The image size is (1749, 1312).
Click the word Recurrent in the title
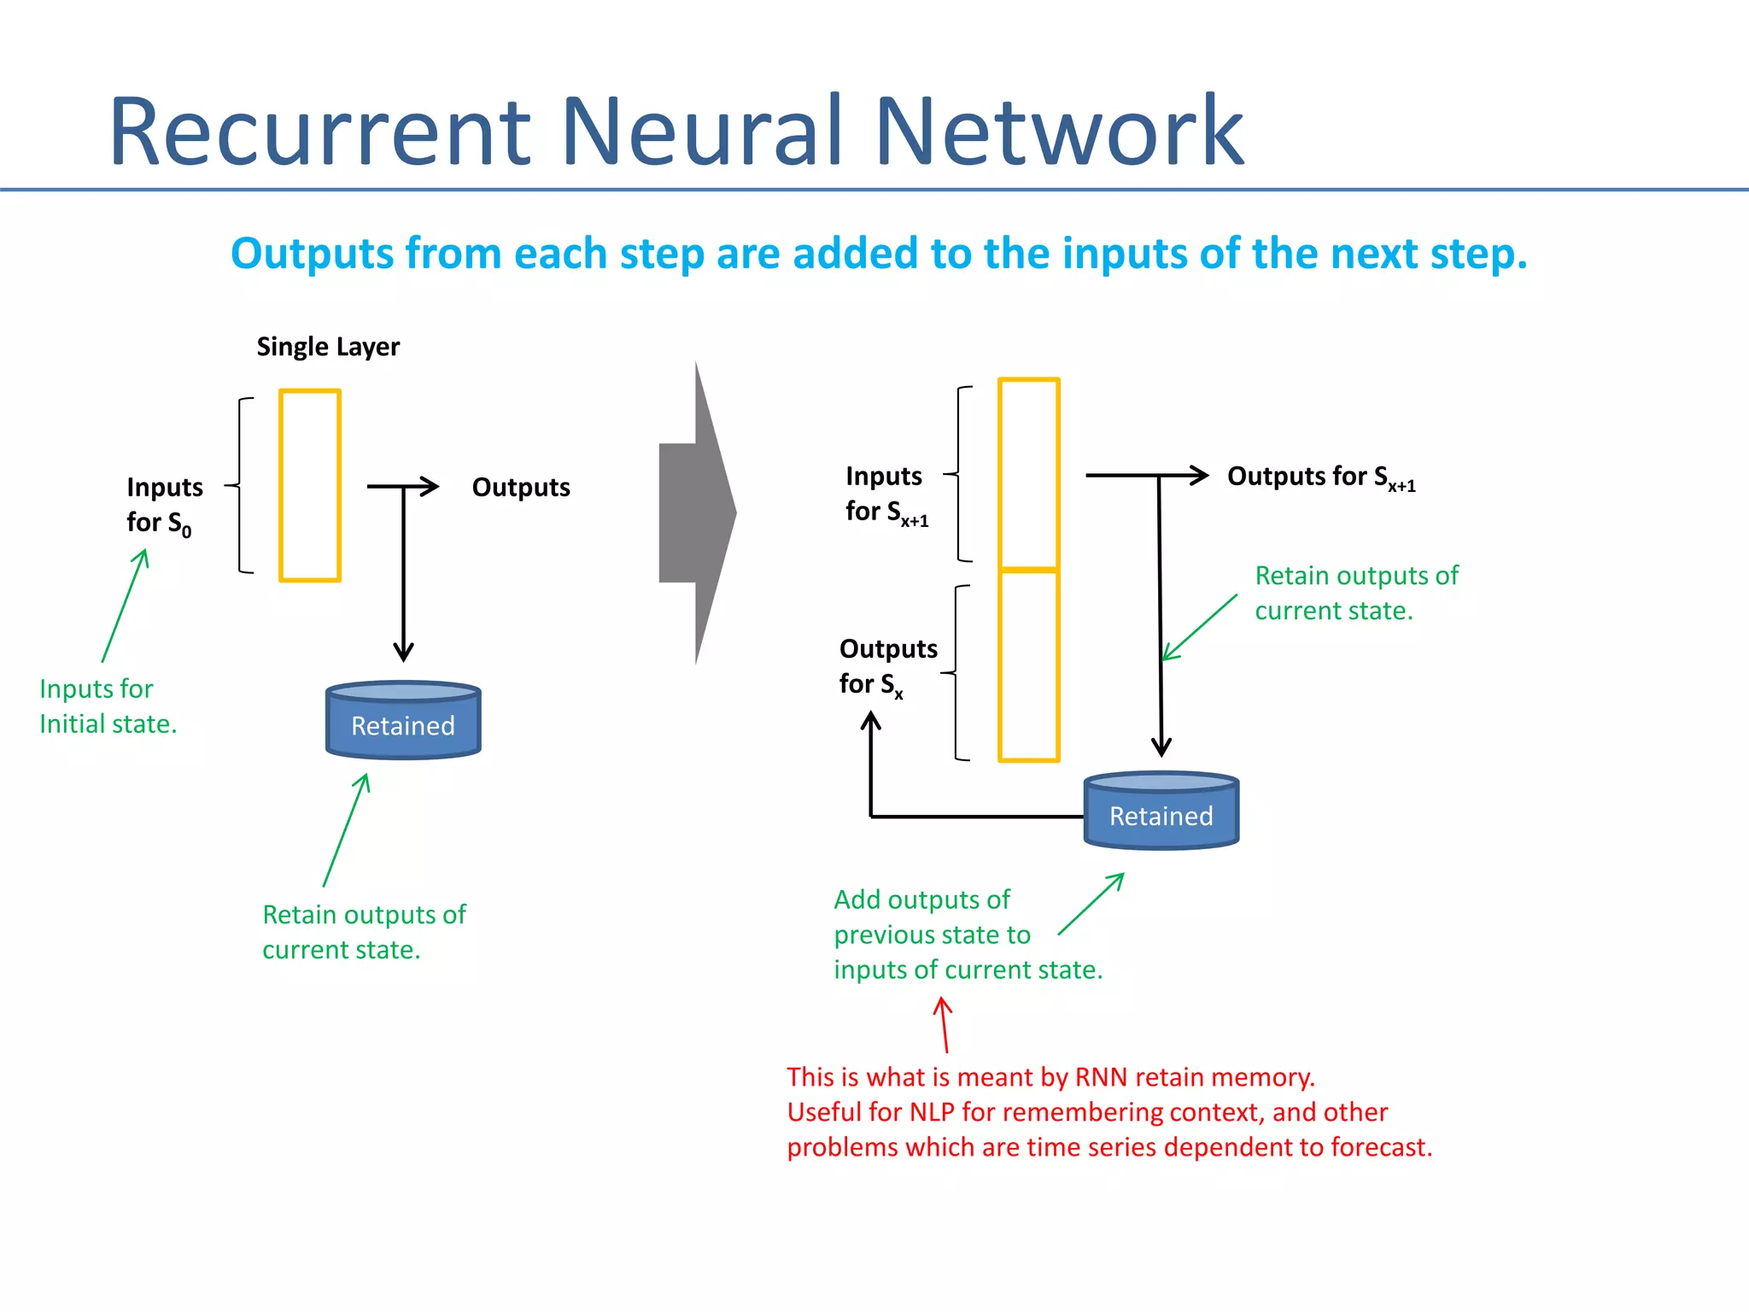(320, 132)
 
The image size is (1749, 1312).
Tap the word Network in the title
(1059, 132)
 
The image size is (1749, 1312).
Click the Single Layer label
(328, 347)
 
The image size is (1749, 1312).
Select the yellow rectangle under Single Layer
(310, 485)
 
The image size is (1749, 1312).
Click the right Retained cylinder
(1161, 811)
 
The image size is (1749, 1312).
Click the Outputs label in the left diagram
(521, 488)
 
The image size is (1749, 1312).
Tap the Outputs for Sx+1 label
(1320, 477)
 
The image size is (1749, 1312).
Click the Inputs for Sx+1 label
(886, 494)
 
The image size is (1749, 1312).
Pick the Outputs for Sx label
(887, 666)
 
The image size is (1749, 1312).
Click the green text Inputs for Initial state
(107, 706)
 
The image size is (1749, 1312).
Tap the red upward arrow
(944, 1024)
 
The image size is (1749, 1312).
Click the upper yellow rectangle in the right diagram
(1029, 472)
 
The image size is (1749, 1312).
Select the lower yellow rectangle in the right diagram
(1029, 665)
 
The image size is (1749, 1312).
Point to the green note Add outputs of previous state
(967, 934)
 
